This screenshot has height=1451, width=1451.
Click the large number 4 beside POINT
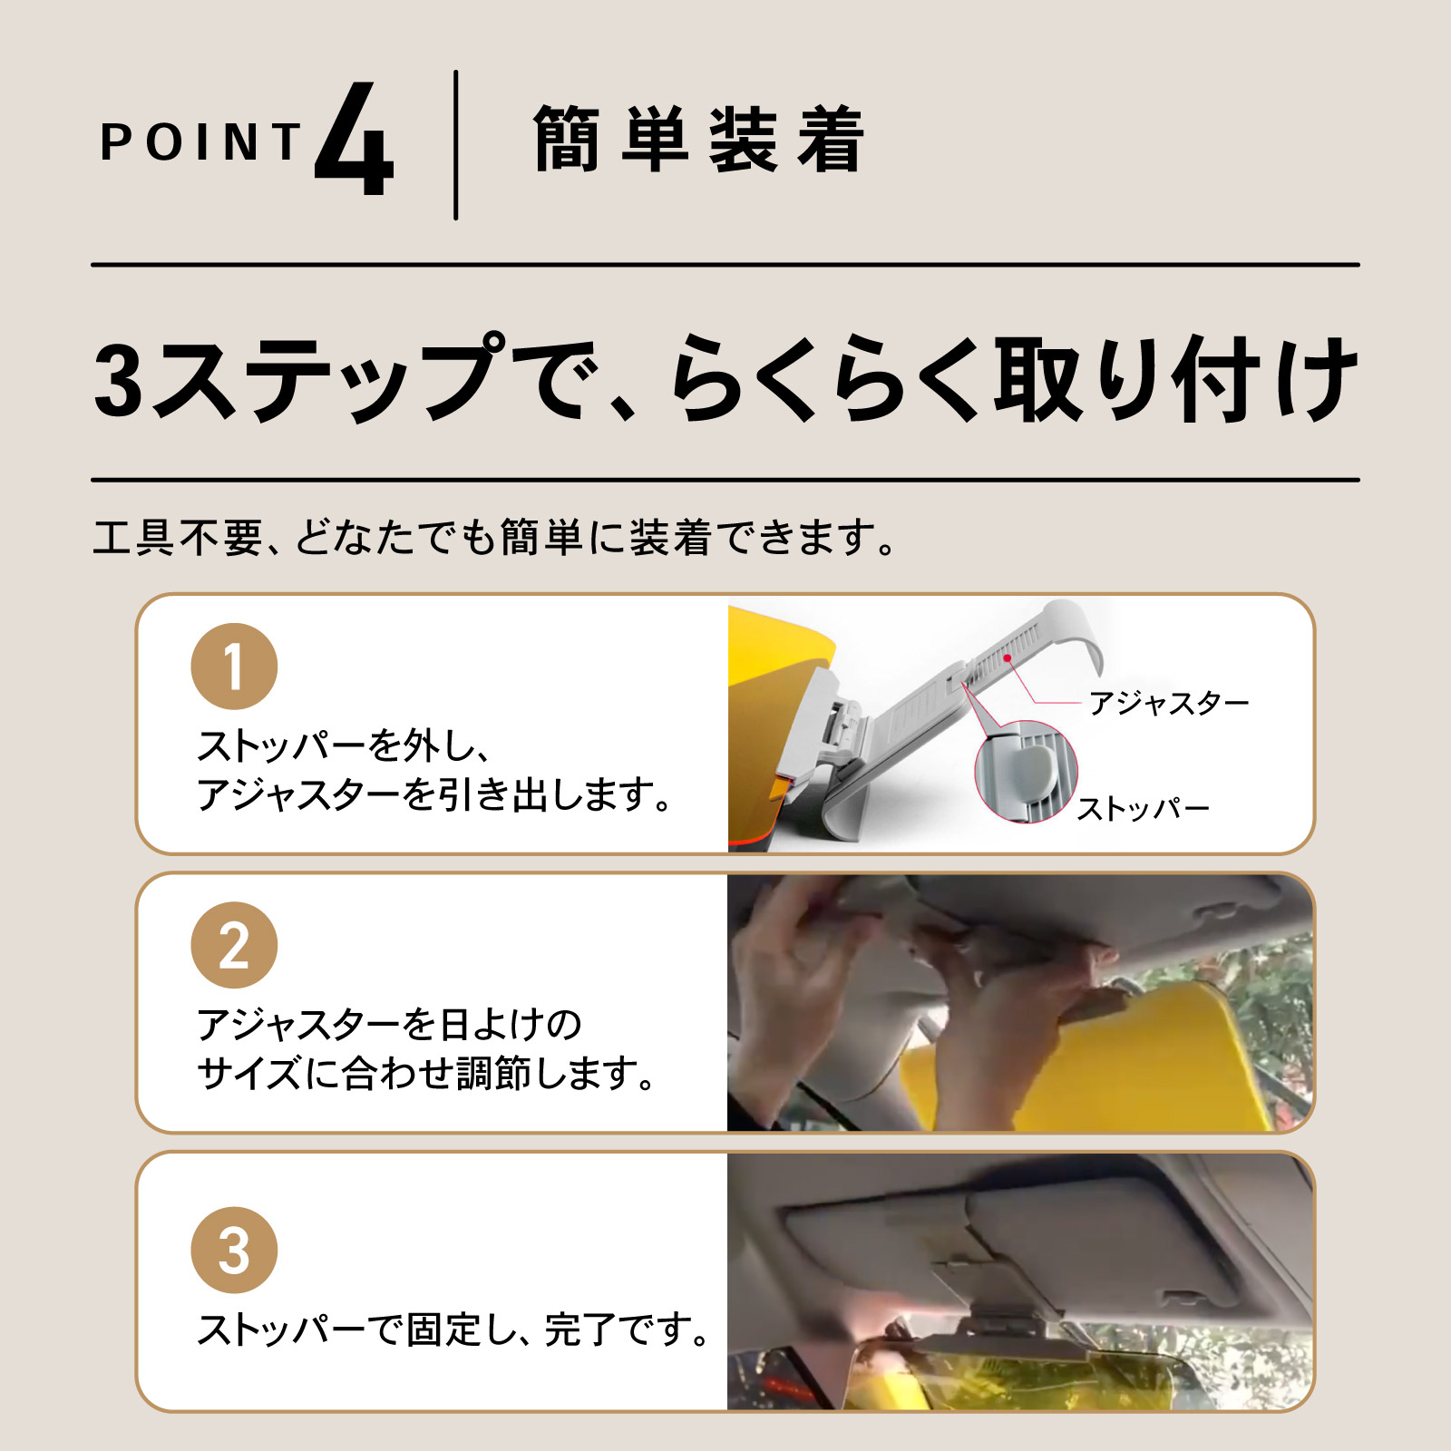tap(355, 141)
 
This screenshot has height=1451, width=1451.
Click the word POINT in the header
tap(200, 143)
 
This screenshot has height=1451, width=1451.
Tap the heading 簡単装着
tap(698, 141)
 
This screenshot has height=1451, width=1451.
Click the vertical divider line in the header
tap(455, 145)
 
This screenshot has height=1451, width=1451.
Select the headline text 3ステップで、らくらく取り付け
tap(725, 379)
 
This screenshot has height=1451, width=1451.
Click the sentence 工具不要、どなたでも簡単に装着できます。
tap(494, 538)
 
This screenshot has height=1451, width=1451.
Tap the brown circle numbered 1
tap(234, 667)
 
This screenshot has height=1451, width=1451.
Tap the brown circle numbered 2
tap(234, 945)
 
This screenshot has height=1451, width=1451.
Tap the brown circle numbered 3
tap(234, 1250)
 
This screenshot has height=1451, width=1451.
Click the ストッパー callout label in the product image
tap(1143, 808)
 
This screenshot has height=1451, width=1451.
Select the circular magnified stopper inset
tap(1026, 772)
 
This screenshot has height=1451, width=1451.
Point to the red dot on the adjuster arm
tap(1008, 657)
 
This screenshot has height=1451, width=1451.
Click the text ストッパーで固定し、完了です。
tap(453, 1330)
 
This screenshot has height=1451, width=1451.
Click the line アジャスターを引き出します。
tap(435, 795)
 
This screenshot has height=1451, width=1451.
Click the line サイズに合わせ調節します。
tap(426, 1074)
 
